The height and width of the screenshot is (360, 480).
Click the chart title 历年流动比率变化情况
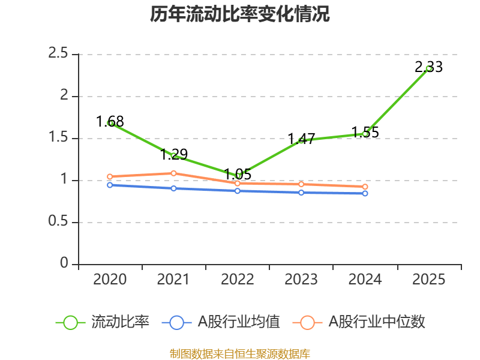click(240, 14)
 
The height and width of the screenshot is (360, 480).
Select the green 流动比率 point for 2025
click(428, 68)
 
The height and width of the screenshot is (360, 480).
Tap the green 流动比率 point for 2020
click(110, 123)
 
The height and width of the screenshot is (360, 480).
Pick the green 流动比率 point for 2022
click(238, 176)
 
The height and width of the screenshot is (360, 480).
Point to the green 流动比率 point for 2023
click(301, 140)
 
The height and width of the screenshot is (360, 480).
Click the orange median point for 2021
click(173, 173)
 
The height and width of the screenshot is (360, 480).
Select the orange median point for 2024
click(365, 187)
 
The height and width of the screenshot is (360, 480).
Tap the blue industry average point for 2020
click(110, 185)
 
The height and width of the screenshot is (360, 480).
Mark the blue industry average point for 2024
click(365, 193)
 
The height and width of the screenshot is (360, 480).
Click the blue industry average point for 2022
click(238, 191)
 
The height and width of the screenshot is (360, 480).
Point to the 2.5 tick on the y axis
click(59, 54)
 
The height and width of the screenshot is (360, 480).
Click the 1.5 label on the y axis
click(59, 138)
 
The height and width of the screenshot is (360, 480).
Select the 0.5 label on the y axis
click(59, 222)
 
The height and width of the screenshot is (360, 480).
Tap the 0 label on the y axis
click(64, 264)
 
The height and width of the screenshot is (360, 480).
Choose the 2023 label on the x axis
click(301, 280)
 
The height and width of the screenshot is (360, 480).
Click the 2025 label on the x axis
click(428, 280)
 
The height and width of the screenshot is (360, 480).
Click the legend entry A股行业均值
click(239, 322)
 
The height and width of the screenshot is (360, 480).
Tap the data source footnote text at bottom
click(240, 353)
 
